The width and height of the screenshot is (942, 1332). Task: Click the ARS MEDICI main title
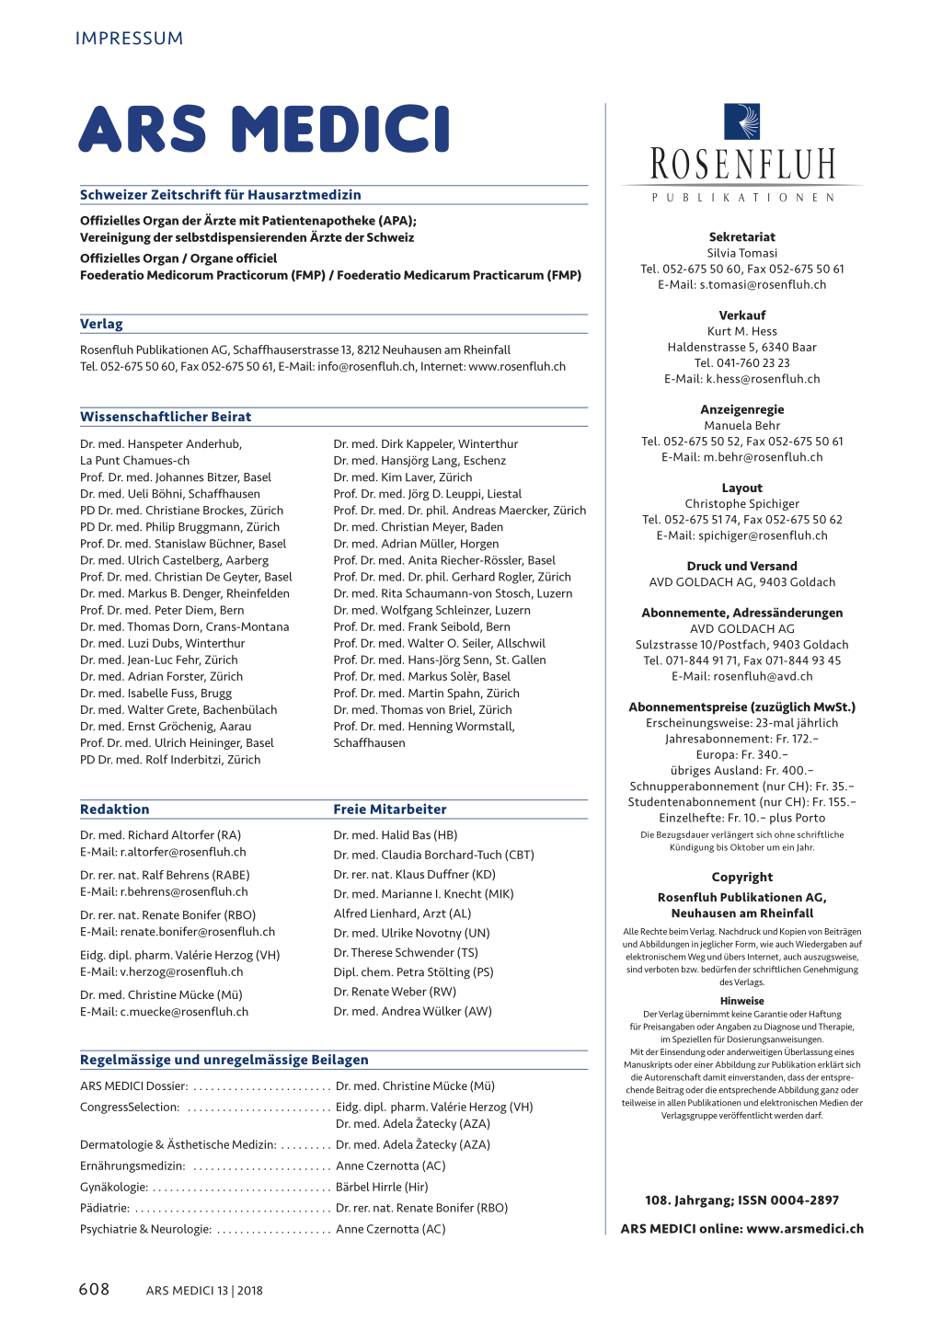(x=265, y=130)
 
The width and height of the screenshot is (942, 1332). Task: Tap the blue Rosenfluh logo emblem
(x=742, y=121)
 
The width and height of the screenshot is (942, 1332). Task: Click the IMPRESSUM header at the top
(x=130, y=39)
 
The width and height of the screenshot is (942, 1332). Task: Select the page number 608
(x=94, y=1290)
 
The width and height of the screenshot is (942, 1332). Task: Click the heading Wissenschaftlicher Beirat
(x=166, y=417)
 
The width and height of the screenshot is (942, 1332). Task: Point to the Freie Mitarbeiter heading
(x=390, y=810)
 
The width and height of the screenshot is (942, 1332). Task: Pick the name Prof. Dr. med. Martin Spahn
(x=426, y=694)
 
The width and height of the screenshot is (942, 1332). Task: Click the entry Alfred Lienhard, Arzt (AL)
(x=402, y=913)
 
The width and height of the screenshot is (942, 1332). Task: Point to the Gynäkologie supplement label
(x=114, y=1188)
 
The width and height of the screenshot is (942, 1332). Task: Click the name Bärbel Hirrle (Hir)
(x=382, y=1188)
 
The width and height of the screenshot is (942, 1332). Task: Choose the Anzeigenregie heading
(x=742, y=410)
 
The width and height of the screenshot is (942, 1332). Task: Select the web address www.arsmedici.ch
(x=805, y=1229)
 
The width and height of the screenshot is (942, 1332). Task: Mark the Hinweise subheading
(x=742, y=1001)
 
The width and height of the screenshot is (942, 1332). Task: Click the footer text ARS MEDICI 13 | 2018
(x=204, y=1291)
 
